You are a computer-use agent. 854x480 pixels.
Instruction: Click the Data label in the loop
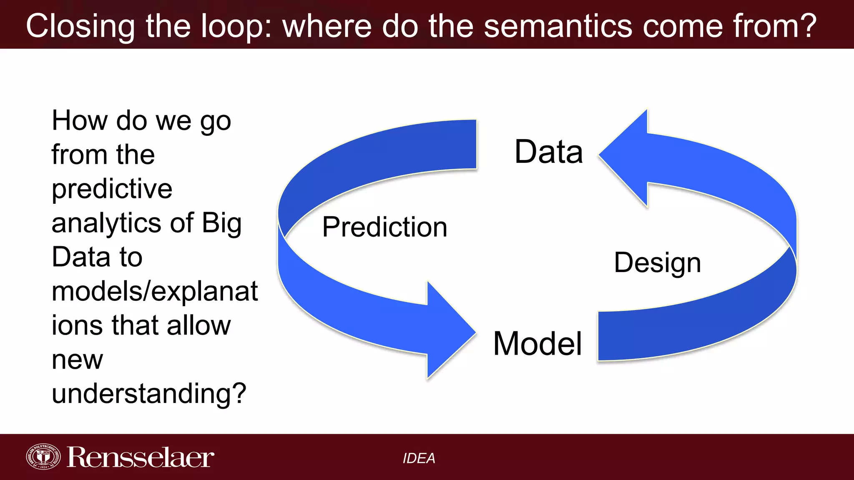pyautogui.click(x=548, y=152)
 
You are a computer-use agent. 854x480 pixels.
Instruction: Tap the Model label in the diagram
pyautogui.click(x=537, y=343)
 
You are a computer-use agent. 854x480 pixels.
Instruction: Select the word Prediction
pyautogui.click(x=384, y=227)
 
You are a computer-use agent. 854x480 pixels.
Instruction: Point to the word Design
pyautogui.click(x=657, y=263)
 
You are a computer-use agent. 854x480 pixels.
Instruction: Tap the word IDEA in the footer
pyautogui.click(x=419, y=458)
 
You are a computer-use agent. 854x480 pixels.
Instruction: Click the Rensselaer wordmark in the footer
pyautogui.click(x=140, y=457)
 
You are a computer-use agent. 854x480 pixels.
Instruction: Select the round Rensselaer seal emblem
pyautogui.click(x=43, y=457)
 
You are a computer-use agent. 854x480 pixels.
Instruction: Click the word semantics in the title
pyautogui.click(x=558, y=26)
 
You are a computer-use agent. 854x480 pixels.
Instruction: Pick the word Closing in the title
pyautogui.click(x=80, y=26)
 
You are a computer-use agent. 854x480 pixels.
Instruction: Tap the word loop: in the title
pyautogui.click(x=236, y=26)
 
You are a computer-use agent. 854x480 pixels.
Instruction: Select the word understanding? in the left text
pyautogui.click(x=149, y=393)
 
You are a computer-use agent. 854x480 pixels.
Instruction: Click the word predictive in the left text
pyautogui.click(x=112, y=189)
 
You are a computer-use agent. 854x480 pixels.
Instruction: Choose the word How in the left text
pyautogui.click(x=79, y=121)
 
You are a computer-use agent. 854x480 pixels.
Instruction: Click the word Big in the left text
pyautogui.click(x=221, y=223)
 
